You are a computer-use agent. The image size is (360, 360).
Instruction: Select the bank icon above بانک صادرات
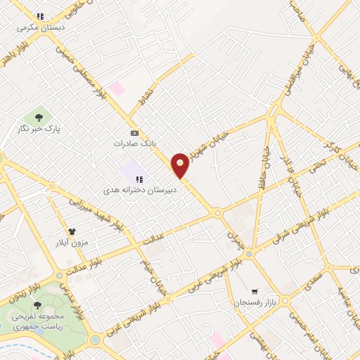click(x=134, y=133)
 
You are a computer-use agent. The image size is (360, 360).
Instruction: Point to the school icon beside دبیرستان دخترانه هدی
click(x=139, y=179)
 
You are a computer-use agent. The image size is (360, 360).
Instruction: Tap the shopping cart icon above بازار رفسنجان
click(x=255, y=291)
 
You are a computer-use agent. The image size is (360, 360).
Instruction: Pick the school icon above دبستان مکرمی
click(x=41, y=16)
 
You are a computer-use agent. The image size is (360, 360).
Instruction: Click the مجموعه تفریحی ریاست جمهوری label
click(x=37, y=320)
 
